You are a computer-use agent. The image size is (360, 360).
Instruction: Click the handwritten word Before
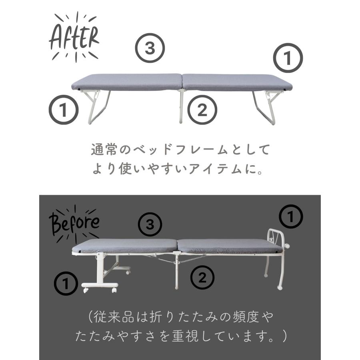(74, 222)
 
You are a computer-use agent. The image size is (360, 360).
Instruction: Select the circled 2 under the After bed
(202, 110)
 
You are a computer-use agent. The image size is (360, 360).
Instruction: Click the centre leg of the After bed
(181, 106)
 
